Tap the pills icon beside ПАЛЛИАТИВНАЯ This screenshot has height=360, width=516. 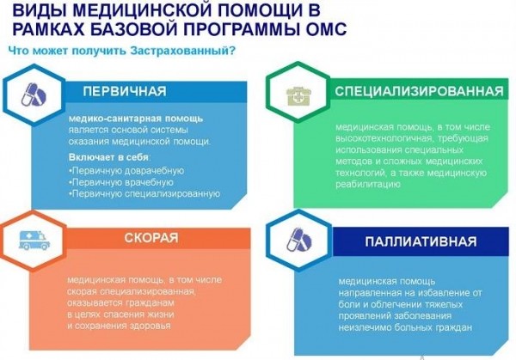point(291,238)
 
